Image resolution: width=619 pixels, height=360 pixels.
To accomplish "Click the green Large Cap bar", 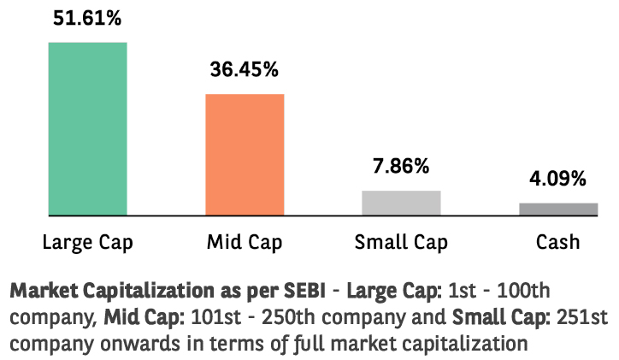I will pos(87,128).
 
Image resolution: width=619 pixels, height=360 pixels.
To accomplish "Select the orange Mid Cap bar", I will pos(245,154).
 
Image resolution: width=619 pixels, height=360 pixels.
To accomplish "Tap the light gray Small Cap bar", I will pos(401,203).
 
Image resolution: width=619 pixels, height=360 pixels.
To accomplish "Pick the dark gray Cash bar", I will pos(558,209).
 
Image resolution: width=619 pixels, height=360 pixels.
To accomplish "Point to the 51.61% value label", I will pos(87,19).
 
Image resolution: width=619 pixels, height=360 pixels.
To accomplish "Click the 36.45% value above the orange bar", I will pos(245,69).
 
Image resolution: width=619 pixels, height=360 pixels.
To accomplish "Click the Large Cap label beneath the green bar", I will pos(87,242).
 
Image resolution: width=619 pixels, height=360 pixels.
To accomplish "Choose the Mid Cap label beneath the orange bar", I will pos(245,242).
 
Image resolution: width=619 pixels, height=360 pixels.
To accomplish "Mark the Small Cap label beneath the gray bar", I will pos(401,242).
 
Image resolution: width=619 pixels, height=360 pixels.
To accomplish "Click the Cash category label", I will pos(557,242).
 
